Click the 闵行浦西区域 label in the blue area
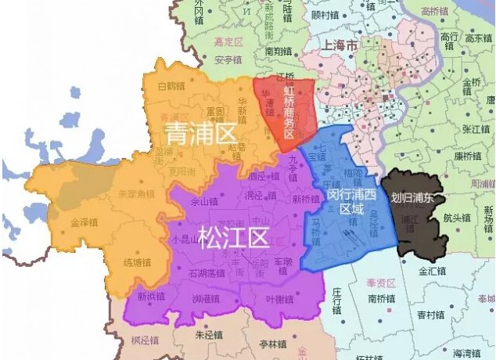pyautogui.click(x=344, y=194)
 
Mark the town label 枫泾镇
pyautogui.click(x=145, y=341)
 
